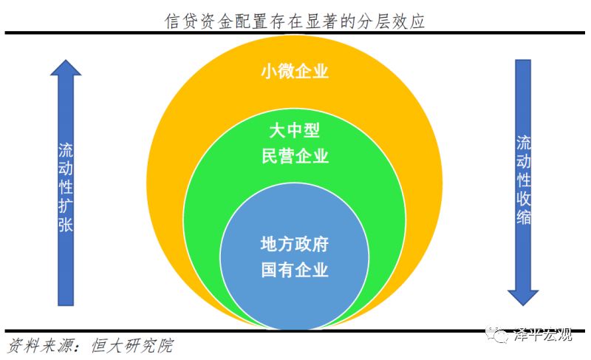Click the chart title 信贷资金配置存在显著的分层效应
tap(295, 21)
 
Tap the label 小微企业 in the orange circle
tap(295, 71)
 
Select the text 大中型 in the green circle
tap(295, 130)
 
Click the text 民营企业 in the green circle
tap(295, 156)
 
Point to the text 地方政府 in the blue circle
tap(295, 244)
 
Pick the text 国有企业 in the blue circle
tap(295, 270)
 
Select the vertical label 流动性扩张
tap(66, 187)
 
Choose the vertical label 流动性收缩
tap(524, 180)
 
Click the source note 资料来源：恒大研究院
tap(90, 345)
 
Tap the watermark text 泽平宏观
tap(543, 334)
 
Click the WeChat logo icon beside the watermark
tap(496, 334)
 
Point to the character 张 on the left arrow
tap(66, 224)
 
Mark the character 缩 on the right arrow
tap(524, 217)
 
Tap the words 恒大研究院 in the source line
tap(132, 345)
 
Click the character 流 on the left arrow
tap(66, 150)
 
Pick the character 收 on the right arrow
tap(524, 198)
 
